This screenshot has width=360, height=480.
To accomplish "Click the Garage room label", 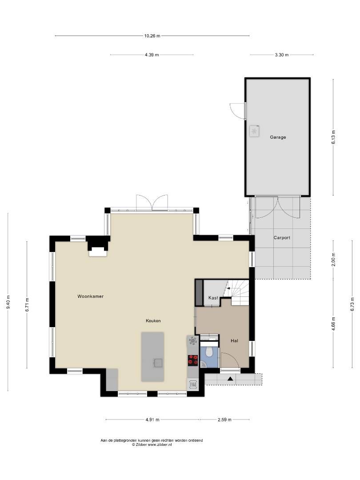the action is click(278, 137).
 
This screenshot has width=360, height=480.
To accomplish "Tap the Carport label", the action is click(282, 237).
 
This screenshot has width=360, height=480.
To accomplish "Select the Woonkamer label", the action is click(90, 296).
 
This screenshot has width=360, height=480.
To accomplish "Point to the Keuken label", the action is click(153, 321).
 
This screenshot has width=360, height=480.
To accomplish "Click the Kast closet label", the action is click(213, 298).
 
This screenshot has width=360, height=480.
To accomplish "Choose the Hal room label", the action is click(235, 341).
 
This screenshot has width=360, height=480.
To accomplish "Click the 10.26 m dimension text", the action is click(152, 36).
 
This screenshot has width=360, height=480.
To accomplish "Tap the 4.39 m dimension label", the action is click(152, 55).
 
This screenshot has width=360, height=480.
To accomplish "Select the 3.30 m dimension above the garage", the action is click(282, 55).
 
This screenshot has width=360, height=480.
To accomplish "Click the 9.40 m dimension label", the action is click(8, 302).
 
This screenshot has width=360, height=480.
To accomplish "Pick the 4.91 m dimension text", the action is click(152, 420).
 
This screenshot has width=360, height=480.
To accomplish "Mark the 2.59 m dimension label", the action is click(224, 420).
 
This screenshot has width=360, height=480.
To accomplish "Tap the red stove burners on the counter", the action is click(192, 360).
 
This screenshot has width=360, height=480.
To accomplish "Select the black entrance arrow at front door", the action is click(230, 379).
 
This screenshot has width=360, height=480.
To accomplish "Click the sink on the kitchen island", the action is click(158, 363).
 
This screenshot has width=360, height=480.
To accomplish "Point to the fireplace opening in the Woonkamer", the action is click(98, 253).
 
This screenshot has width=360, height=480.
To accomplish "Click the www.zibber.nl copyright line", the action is click(152, 444).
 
